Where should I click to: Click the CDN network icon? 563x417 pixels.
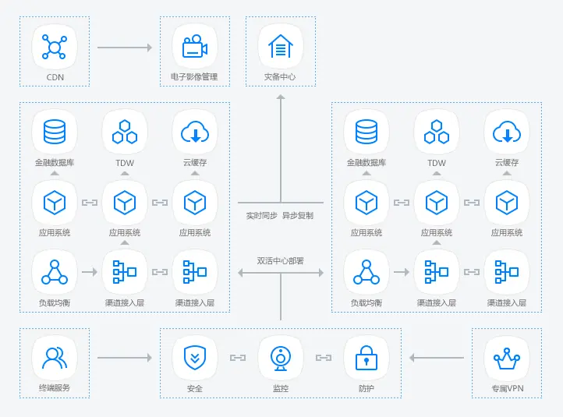[55, 47]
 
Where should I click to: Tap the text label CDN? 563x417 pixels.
[55, 77]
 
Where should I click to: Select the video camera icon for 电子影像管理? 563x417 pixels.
[195, 46]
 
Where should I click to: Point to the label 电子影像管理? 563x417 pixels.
[194, 77]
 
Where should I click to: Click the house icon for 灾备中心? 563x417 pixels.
[281, 46]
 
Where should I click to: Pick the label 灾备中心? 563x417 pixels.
[280, 77]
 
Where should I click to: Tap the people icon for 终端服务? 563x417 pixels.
[55, 358]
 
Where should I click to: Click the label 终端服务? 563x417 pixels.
[55, 388]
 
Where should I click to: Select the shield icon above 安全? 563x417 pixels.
[195, 358]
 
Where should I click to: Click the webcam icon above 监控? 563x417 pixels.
[281, 359]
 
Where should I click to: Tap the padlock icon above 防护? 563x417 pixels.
[366, 358]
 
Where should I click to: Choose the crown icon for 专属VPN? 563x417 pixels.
[507, 358]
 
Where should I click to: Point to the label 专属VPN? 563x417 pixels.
[507, 388]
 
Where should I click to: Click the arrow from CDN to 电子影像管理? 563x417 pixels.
[125, 48]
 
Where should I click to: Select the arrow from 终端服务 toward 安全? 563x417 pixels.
[125, 358]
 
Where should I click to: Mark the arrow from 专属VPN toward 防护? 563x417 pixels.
[436, 358]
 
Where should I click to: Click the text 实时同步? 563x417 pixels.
[262, 216]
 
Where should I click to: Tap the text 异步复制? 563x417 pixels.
[298, 216]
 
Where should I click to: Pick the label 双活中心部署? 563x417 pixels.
[281, 261]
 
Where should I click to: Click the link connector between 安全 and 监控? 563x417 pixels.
[238, 358]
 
